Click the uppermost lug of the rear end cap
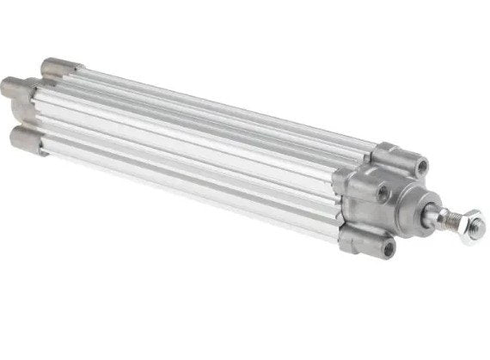point(63,64)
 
